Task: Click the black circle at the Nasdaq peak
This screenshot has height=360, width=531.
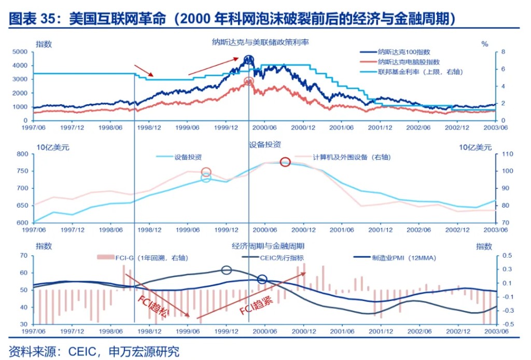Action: pos(249,60)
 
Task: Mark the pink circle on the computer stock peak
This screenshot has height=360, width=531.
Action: pos(249,81)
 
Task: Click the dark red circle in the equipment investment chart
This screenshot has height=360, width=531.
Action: pos(285,162)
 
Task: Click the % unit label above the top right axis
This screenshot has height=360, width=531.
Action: pos(485,44)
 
